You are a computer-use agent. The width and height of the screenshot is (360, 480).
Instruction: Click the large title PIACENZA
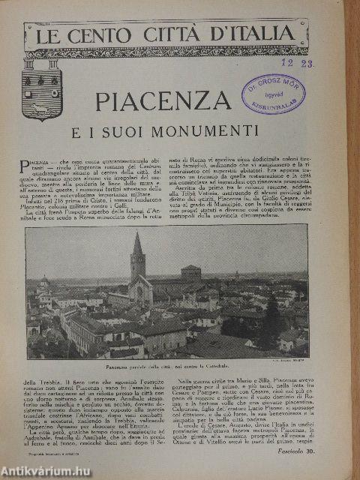click(163, 100)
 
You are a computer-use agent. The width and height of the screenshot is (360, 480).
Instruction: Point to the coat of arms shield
click(42, 88)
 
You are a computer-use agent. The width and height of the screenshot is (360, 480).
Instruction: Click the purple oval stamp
click(273, 93)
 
